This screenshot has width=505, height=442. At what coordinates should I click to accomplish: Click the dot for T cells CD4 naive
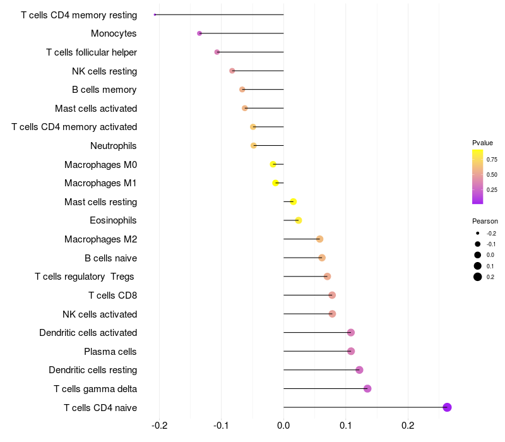click(447, 407)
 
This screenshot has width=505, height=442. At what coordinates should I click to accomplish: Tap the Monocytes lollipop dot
click(199, 33)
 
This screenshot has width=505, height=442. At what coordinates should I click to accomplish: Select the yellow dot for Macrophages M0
click(273, 164)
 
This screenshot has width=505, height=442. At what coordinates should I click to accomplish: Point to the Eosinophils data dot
click(299, 220)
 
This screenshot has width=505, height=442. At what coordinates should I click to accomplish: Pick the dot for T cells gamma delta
click(367, 388)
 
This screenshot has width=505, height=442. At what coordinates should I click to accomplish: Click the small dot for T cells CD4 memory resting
click(155, 15)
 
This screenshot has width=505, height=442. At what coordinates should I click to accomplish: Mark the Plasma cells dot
click(351, 351)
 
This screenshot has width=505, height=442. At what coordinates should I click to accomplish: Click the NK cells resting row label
click(104, 71)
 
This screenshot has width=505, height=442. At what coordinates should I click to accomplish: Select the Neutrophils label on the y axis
click(114, 146)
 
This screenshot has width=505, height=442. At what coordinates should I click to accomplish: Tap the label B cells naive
click(111, 258)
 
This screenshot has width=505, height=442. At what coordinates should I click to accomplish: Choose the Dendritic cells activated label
click(88, 333)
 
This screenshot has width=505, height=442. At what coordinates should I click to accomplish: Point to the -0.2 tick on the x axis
click(160, 426)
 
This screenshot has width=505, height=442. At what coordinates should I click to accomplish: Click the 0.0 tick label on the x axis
click(283, 426)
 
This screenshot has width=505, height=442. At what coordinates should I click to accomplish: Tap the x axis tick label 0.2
click(408, 426)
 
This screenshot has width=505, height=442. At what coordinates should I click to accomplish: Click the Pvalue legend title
click(482, 143)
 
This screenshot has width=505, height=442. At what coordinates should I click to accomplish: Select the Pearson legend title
click(485, 221)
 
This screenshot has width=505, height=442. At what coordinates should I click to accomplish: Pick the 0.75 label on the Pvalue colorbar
click(492, 160)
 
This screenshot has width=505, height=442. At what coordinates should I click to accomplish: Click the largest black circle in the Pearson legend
click(478, 277)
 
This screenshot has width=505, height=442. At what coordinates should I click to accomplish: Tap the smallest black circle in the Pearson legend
click(478, 233)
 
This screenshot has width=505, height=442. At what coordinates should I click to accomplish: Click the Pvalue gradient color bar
click(478, 177)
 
